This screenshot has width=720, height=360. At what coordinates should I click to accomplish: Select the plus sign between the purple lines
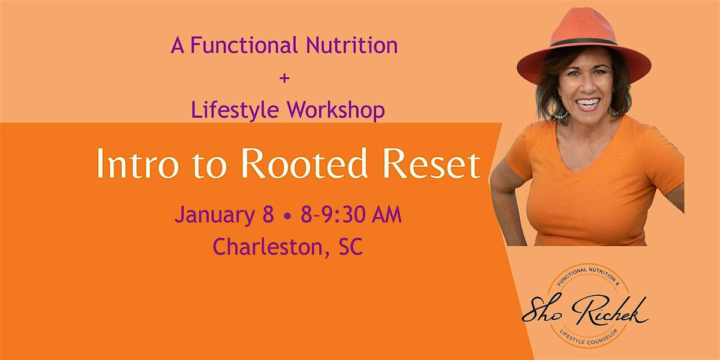coord(284,79)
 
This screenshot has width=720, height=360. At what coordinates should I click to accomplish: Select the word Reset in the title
coord(419,165)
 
